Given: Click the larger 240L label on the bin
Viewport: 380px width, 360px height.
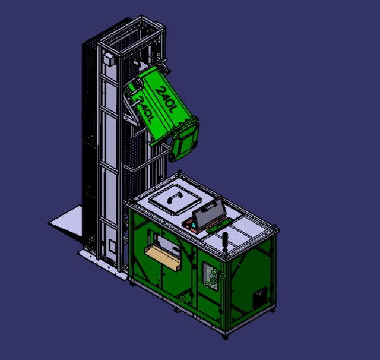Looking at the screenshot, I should (165, 97).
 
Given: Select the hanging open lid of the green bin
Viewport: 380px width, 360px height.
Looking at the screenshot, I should (185, 141).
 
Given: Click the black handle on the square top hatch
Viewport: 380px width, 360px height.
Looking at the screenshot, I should (175, 197).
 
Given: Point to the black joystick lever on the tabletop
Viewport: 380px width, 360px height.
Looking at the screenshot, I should (225, 241).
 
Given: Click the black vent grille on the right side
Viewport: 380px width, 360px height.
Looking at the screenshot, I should (260, 297).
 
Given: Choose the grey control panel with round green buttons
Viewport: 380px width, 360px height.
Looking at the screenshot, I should (210, 276).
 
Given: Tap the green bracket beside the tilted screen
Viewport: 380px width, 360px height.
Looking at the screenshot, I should (223, 223).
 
